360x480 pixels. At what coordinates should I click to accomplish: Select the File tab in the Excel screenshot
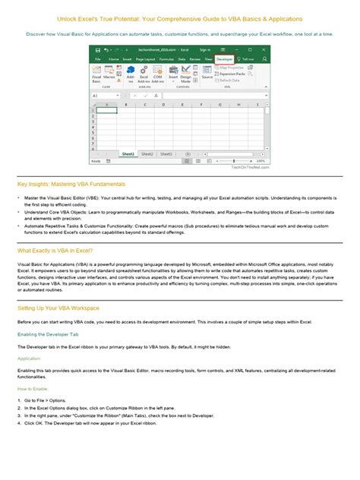98,58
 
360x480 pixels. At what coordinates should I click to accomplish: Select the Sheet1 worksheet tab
129,153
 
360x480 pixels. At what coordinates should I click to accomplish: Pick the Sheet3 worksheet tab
166,153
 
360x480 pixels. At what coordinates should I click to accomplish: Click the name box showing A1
103,96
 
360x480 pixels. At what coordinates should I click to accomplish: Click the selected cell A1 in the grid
106,109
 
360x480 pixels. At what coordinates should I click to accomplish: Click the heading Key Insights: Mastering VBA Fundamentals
71,184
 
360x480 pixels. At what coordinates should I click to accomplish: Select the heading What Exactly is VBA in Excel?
55,250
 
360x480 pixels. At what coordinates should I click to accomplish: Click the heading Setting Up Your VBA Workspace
59,308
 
